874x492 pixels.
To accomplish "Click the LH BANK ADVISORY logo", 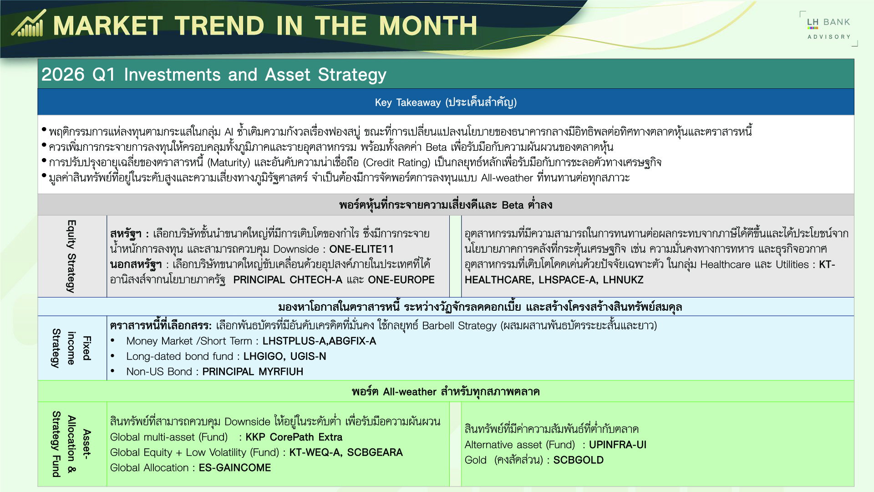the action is pos(828,29).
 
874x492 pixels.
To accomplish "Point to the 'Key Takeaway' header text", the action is pos(408,102).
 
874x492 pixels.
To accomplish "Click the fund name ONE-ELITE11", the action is pos(361,249).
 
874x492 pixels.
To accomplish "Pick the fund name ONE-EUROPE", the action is pos(401,280).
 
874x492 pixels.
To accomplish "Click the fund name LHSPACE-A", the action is pos(567,280).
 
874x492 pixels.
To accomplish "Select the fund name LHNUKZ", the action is pos(623,280).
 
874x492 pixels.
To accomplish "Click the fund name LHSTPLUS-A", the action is pos(294,341).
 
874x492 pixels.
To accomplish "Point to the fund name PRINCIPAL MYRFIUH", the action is pos(253,372).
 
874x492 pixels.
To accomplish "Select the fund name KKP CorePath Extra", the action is pos(294,437).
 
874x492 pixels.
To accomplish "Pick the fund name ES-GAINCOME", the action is pos(235,468).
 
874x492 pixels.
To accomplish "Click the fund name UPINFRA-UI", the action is pos(618,445).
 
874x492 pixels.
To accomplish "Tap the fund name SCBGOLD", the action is pos(579,460).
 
